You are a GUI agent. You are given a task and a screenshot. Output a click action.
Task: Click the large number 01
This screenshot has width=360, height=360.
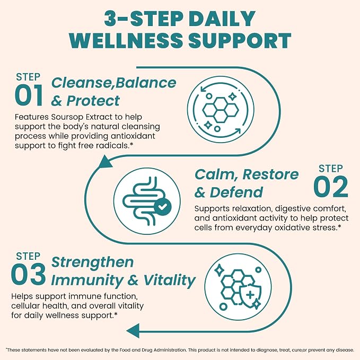[x=29, y=95]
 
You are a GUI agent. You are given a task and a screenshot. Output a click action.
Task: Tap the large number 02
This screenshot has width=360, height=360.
[x=331, y=187]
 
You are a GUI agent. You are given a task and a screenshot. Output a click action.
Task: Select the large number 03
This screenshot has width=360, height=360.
[x=28, y=274]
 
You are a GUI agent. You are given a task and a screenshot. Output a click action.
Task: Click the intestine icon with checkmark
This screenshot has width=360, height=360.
[x=147, y=201]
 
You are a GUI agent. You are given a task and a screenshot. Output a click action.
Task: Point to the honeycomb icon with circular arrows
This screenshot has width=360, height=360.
[x=221, y=110]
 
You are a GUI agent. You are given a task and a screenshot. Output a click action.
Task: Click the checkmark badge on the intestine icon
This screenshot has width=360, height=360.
[x=163, y=206]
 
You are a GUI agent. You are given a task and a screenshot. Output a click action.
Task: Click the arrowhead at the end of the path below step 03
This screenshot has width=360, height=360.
[x=133, y=331]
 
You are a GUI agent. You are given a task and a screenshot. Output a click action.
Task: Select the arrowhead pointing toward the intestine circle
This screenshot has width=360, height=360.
[x=104, y=161]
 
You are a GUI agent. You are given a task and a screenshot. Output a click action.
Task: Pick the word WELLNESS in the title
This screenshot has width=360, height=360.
[x=126, y=40]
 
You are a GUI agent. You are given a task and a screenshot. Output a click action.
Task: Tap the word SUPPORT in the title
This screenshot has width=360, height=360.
[x=240, y=40]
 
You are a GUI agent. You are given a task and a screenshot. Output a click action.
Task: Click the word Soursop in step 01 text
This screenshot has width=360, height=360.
[x=67, y=117]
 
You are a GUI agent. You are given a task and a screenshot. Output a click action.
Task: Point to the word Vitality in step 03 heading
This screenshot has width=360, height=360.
[x=170, y=281]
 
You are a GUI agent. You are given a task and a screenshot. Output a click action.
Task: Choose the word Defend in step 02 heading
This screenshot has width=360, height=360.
[x=236, y=192]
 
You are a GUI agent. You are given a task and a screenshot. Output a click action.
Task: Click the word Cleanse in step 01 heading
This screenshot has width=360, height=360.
[x=82, y=83]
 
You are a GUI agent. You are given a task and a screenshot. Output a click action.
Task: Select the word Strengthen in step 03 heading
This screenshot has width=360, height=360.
[x=92, y=262]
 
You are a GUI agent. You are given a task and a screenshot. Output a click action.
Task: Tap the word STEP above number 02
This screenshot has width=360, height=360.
[x=331, y=169]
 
